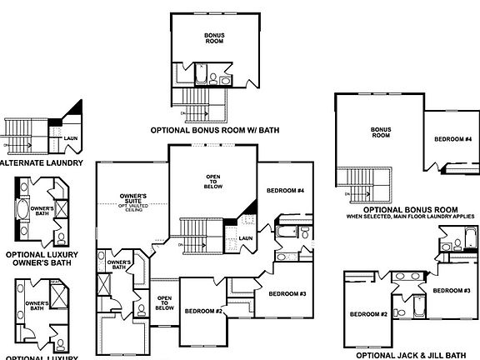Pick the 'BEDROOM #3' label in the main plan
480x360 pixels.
point(288,295)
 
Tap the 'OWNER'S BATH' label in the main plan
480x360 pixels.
point(120,266)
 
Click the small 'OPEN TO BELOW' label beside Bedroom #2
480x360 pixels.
point(164,302)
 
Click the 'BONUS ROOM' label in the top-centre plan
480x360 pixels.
point(215,37)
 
